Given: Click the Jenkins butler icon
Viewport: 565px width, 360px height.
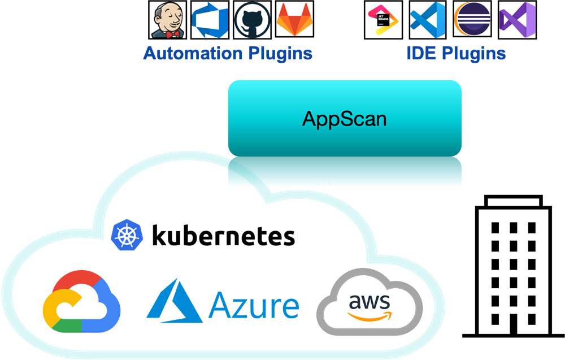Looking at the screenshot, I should click(x=168, y=20).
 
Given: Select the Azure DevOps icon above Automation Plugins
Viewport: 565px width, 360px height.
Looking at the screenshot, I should click(x=210, y=20).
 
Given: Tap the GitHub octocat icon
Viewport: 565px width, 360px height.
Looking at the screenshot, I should click(x=252, y=20).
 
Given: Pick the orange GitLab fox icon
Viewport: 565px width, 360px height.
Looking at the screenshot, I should click(x=294, y=20).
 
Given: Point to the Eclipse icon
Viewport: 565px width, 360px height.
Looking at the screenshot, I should click(x=472, y=20).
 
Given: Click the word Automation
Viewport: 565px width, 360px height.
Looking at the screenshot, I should click(x=193, y=54).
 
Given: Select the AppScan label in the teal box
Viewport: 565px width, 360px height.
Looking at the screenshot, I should click(x=345, y=118).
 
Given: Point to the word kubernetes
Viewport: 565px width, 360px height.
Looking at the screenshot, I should click(x=223, y=235).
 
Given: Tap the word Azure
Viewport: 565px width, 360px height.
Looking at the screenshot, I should click(x=253, y=305).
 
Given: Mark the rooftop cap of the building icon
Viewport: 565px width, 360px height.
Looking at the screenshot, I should click(x=513, y=200).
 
